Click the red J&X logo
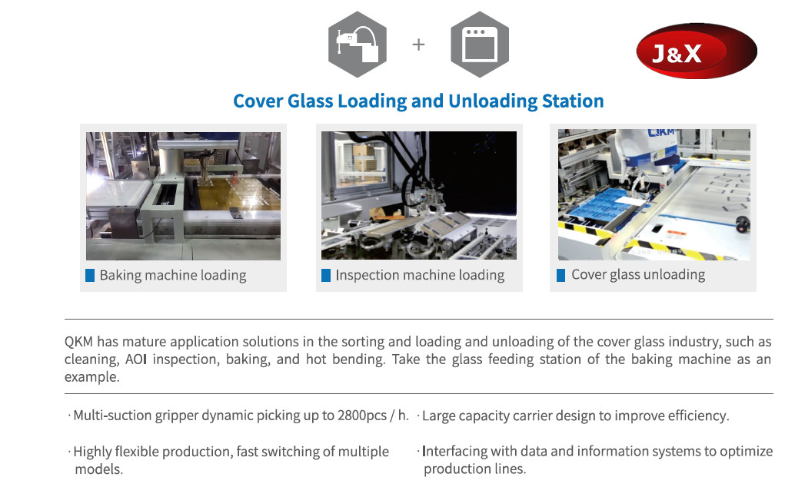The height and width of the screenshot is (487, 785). click(x=697, y=51)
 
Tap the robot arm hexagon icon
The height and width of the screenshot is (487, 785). click(x=358, y=45)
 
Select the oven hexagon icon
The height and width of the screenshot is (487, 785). click(x=480, y=45)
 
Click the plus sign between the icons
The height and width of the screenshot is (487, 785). click(x=418, y=45)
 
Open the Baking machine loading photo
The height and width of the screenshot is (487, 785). click(x=183, y=196)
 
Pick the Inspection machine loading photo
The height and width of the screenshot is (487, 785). click(x=418, y=196)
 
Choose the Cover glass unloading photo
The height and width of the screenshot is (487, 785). click(x=654, y=194)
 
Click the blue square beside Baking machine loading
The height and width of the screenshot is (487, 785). click(x=90, y=276)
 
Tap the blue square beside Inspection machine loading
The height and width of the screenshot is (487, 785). click(x=326, y=276)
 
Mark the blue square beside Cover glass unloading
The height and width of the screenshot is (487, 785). click(x=561, y=275)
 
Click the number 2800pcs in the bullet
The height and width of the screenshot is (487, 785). click(x=362, y=416)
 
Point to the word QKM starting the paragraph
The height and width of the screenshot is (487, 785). click(x=78, y=342)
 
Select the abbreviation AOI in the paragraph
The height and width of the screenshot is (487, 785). click(x=135, y=359)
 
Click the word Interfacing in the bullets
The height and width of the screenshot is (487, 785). click(x=454, y=452)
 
